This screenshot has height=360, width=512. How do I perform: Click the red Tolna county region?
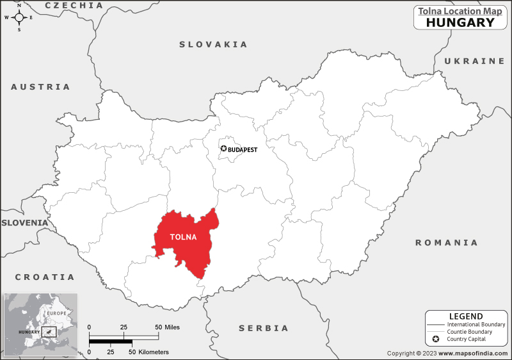point(192,247)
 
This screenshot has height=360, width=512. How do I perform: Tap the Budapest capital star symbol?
point(223,149)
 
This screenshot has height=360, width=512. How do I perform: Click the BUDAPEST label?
point(243,149)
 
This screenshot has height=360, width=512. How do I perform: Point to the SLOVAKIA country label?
point(213,44)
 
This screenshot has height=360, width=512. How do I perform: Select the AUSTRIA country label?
point(41,86)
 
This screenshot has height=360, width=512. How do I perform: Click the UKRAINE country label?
point(474,61)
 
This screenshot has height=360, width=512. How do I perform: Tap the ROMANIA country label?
point(446,243)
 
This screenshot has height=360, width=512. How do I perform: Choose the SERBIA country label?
point(264,328)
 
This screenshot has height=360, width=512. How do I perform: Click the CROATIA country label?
point(45,277)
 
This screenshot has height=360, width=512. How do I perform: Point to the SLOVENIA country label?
point(24,222)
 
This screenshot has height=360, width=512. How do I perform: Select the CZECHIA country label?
point(74,5)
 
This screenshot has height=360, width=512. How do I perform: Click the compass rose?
point(19,17)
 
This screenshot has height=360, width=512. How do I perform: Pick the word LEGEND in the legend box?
point(466,316)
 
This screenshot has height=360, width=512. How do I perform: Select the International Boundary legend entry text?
point(476,325)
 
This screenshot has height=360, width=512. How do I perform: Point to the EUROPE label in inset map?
point(56,313)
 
